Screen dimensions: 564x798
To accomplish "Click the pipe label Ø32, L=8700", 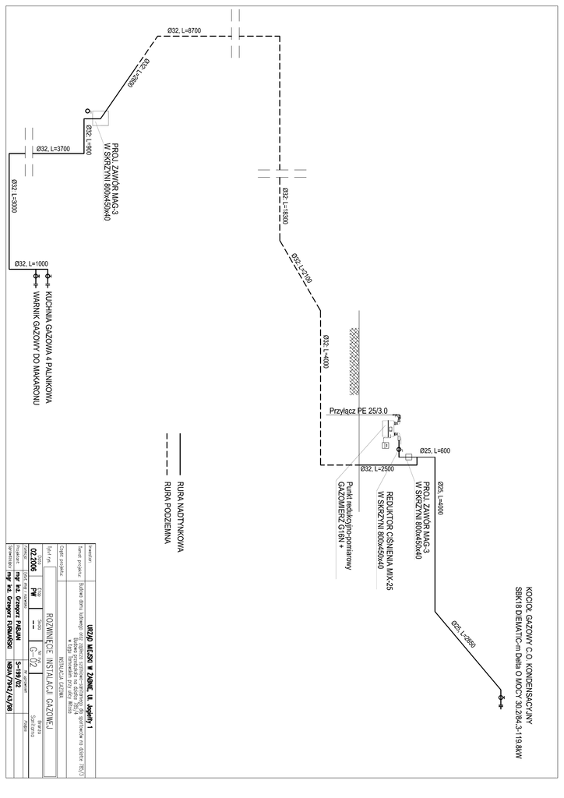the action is pyautogui.click(x=184, y=30).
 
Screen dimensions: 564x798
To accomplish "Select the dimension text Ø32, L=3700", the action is pyautogui.click(x=53, y=148).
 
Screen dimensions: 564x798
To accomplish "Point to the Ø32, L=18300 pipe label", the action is pyautogui.click(x=285, y=207).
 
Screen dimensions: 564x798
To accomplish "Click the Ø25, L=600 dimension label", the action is pyautogui.click(x=435, y=450).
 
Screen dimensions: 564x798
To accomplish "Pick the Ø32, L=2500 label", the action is pyautogui.click(x=378, y=468).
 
